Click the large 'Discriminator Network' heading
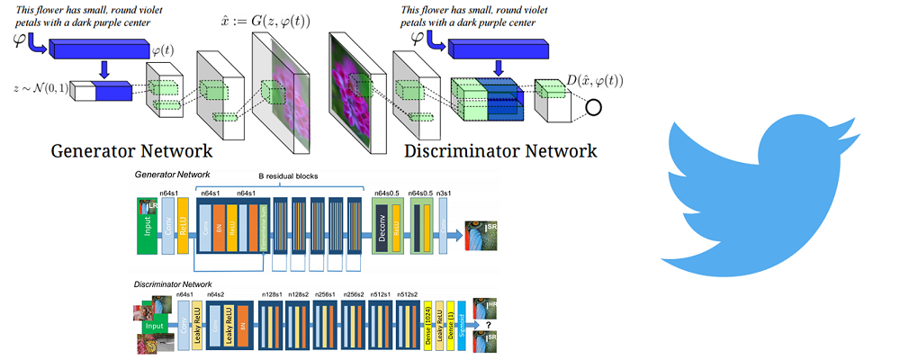[x=500, y=150]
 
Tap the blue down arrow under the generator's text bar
[x=105, y=70]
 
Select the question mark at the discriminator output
[x=489, y=326]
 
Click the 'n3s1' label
[x=445, y=193]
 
